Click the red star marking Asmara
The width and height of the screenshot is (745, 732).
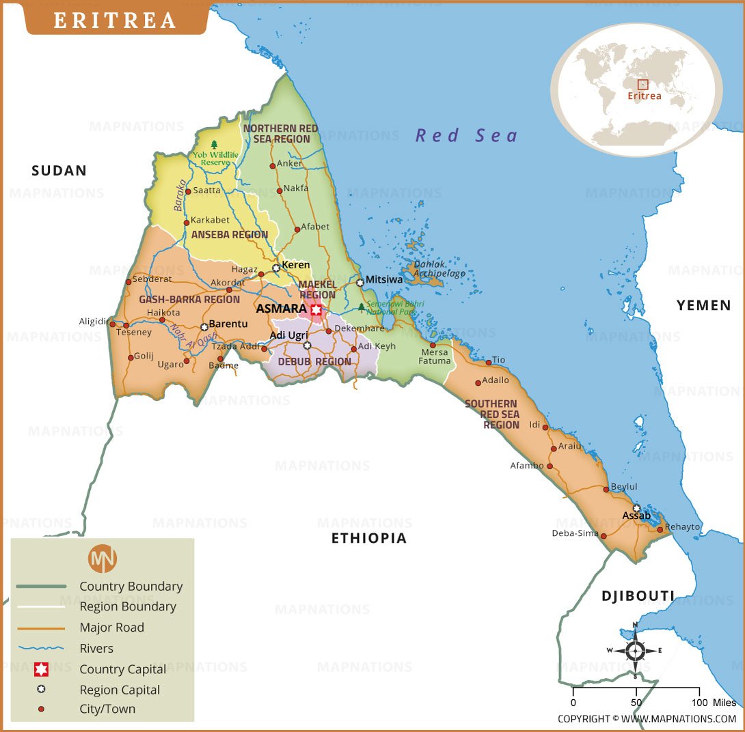(316, 310)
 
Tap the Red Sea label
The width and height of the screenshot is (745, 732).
(467, 135)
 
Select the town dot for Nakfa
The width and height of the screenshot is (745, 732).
(279, 191)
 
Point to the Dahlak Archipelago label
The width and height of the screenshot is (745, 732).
(439, 268)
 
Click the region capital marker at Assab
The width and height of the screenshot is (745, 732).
(636, 508)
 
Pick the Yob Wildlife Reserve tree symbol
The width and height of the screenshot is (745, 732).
(215, 145)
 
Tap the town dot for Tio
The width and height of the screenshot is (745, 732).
(489, 363)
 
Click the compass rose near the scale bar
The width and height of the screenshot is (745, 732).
(635, 650)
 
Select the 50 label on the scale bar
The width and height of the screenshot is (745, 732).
(636, 703)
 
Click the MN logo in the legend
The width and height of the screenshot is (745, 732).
(103, 559)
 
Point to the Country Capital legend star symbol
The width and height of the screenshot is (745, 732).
(41, 668)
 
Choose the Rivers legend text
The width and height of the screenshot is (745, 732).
(96, 648)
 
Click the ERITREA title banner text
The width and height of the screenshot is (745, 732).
(115, 20)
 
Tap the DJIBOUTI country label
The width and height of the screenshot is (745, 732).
(638, 595)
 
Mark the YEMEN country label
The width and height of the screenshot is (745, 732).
(703, 305)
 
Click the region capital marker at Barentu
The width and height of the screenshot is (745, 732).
(204, 327)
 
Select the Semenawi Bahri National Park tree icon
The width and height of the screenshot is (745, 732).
(361, 307)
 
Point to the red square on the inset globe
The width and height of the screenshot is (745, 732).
(642, 85)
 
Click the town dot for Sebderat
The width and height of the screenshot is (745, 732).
(128, 282)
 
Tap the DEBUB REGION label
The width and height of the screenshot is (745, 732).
(314, 361)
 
